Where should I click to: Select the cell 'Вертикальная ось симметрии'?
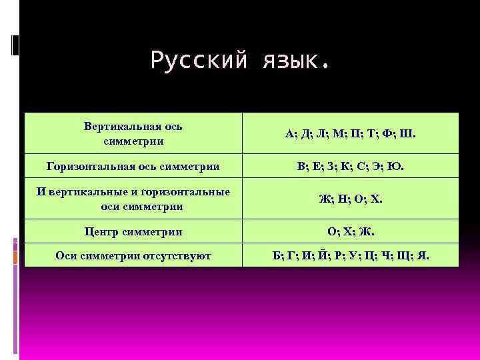[x=134, y=133]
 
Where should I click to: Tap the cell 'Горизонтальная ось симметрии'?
[x=134, y=165]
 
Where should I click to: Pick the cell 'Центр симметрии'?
[x=134, y=232]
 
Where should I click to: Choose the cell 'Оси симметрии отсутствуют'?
[x=134, y=255]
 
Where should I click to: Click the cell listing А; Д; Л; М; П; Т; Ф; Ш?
[x=351, y=133]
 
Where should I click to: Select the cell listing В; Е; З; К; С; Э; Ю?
[x=351, y=165]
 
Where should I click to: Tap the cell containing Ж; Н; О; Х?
[x=351, y=198]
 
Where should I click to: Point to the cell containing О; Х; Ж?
[x=351, y=232]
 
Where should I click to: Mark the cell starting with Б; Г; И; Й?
[x=351, y=255]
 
